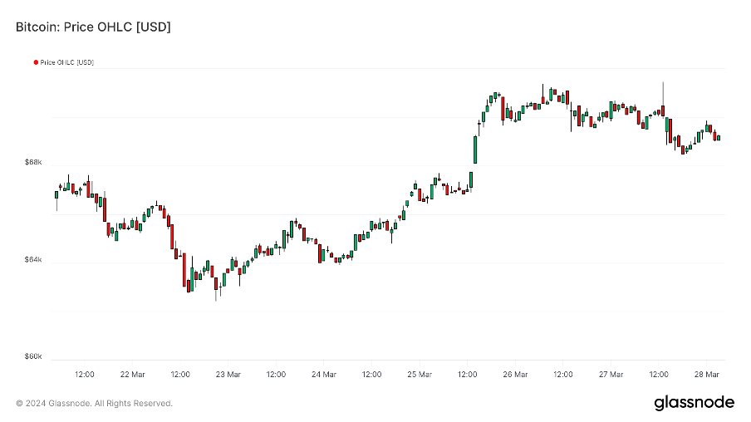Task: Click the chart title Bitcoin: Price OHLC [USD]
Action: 93,27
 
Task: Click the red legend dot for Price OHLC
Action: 36,62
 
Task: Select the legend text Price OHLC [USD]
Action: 66,62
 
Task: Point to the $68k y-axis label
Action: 33,163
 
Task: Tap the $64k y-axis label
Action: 33,260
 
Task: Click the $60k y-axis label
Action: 33,357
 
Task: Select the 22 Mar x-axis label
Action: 132,375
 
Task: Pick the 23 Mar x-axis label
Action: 228,375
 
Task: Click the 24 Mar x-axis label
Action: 323,375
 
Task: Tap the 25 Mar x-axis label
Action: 420,375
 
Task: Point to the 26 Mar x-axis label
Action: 515,375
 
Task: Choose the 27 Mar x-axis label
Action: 611,375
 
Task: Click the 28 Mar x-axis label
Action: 707,375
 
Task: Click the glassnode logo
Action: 694,403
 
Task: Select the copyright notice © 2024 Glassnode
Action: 94,404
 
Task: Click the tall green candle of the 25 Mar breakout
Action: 475,150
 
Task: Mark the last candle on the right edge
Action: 718,137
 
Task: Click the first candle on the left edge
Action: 56,195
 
